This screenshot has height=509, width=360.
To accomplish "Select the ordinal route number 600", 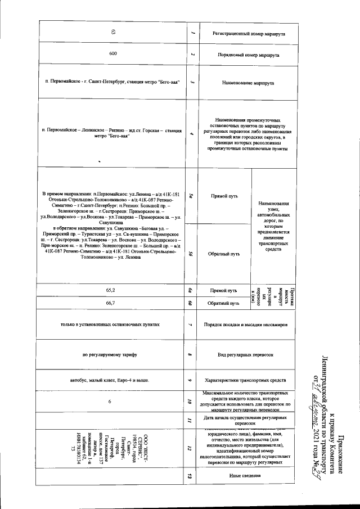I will [x=113, y=54].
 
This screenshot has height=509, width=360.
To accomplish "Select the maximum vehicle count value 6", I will [x=110, y=402].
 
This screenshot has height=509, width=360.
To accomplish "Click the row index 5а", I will [x=191, y=196].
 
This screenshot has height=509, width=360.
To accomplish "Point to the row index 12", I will [x=191, y=448].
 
